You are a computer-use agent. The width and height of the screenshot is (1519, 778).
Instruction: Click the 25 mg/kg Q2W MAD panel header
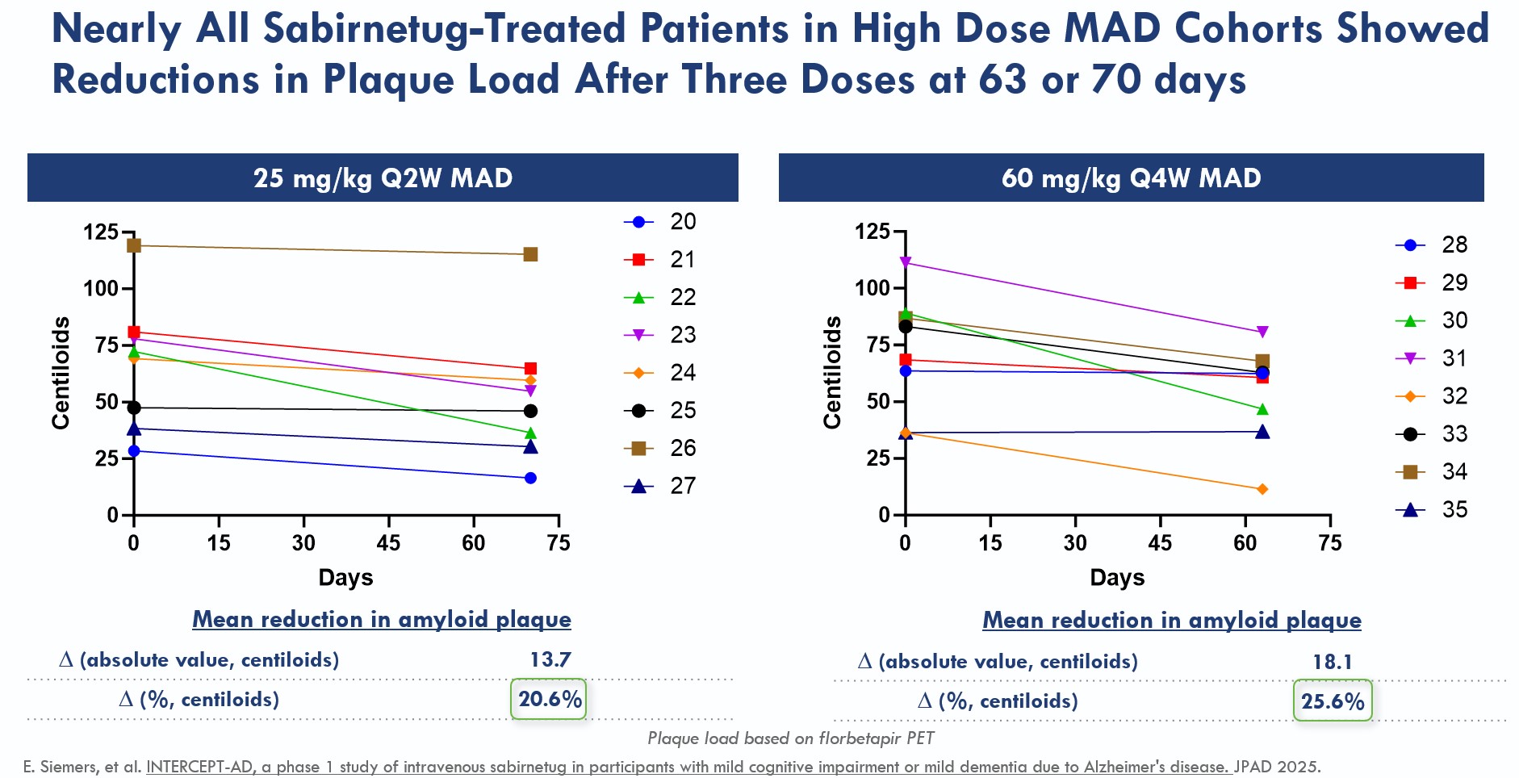coord(383,178)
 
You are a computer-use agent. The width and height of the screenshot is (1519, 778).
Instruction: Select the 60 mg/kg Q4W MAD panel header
coord(1131,178)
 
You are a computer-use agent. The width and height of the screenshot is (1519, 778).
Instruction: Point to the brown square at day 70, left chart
coord(530,254)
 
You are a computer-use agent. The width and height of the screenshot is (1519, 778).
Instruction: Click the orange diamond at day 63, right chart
coord(1262,489)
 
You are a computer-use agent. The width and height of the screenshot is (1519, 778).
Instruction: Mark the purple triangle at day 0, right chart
coord(906,262)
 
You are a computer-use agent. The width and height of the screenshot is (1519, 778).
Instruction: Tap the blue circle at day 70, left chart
coord(530,478)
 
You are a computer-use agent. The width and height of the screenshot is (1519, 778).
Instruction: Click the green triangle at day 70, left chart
coord(530,433)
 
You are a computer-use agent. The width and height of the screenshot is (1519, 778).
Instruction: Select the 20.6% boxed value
coord(549,699)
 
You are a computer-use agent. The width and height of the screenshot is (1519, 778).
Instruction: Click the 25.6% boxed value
coord(1333,701)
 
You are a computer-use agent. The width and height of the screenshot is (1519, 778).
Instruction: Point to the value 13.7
coord(550,659)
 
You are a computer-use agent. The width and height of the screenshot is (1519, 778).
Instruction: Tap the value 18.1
coord(1333,662)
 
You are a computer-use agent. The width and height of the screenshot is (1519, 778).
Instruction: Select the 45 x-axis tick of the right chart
coord(1160,542)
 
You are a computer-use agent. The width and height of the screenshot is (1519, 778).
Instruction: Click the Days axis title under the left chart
coord(345,577)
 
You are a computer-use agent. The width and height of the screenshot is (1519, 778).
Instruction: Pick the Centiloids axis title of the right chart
coord(832,372)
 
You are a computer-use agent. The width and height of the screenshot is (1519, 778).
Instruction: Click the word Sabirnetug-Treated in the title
coord(445,29)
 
